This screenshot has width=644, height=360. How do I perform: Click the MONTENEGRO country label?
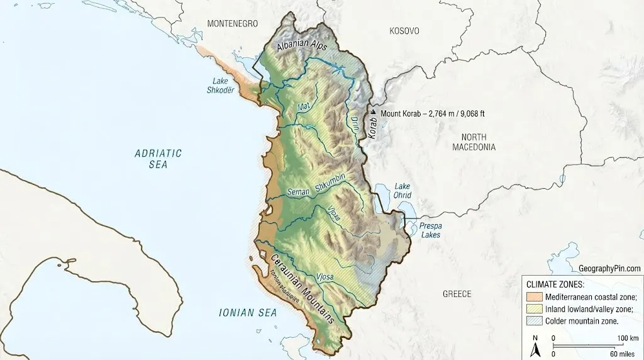[x=233, y=23]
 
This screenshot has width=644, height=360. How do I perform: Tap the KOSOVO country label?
[x=404, y=31]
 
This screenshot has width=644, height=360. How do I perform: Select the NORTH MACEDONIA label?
[x=474, y=142]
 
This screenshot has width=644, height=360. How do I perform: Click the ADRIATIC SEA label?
[x=158, y=159]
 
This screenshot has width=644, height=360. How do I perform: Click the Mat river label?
[x=304, y=108]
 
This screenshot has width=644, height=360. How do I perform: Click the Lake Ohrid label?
[x=402, y=191]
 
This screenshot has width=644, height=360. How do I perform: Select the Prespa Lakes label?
[x=431, y=230]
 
